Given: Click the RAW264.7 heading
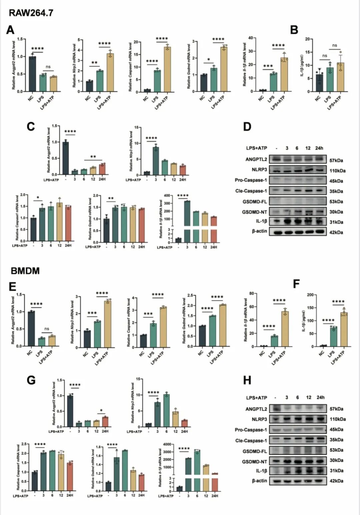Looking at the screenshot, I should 31,13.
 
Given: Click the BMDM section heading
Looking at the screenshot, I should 25,271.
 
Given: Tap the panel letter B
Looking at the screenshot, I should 294,30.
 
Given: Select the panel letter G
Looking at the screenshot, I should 31,380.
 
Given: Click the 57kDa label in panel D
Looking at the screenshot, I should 336,160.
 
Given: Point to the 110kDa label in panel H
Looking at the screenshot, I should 337,419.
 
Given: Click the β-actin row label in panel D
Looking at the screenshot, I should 259,231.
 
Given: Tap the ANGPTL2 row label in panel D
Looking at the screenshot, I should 256,159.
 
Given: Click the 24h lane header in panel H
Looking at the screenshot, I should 320,397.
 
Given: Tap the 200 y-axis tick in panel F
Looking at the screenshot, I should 310,295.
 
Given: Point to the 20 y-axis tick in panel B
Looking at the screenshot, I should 309,39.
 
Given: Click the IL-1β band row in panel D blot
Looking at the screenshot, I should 297,222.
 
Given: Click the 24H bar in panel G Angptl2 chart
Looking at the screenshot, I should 105,422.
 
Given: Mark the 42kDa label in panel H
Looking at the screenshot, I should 336,481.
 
